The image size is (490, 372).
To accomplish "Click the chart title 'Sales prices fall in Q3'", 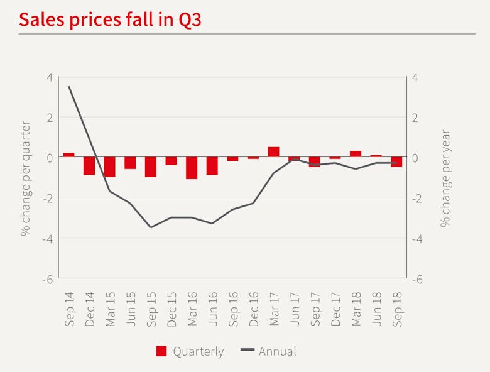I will pos(110,19).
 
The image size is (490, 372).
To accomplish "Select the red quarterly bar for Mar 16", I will pos(192,168).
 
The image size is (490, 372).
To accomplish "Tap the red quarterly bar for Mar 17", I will pos(273,152).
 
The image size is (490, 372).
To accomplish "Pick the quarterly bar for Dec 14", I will pos(89,166).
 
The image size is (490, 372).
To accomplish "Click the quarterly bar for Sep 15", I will pos(151,167).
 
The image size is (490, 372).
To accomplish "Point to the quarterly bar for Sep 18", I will pos(396,162).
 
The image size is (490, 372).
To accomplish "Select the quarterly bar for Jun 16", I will pos(212,166).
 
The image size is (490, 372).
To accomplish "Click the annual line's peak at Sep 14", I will pos(68,87).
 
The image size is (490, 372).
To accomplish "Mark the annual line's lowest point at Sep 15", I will pos(151,227).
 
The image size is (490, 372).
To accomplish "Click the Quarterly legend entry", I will pos(190,351).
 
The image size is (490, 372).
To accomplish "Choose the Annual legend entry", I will pos(268,351).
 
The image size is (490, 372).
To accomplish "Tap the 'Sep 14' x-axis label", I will pos(69,309).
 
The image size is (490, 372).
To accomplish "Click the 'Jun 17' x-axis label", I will pos(294,309).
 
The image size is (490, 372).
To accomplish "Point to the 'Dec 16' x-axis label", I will pos(253,309).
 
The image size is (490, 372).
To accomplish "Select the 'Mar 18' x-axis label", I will pos(356,309).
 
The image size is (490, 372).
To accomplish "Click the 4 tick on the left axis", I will pos(50,77).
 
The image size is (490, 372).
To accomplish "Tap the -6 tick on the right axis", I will pos(416,278).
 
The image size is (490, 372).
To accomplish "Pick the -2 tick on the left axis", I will pos(48,198).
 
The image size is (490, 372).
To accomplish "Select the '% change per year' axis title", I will pos(445,178).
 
